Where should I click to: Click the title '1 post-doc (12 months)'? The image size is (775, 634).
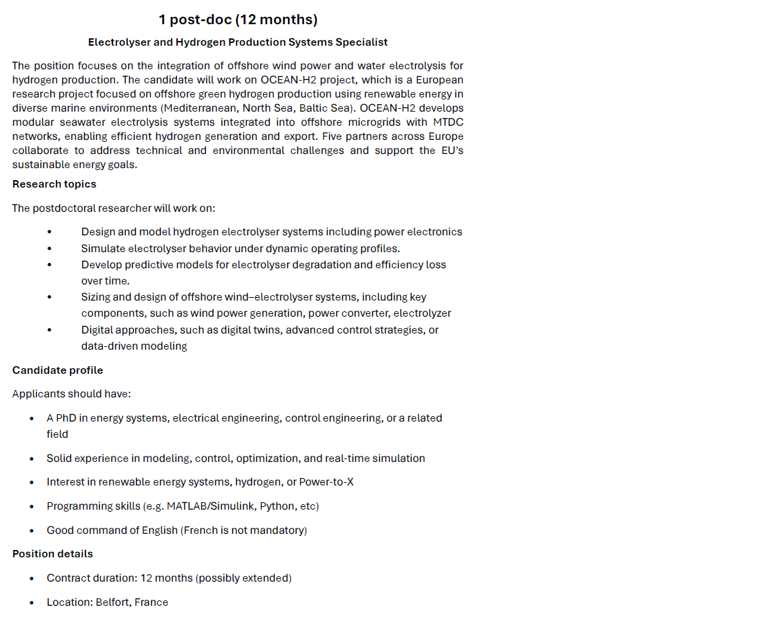point(238,19)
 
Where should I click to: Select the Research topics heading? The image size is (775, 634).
point(54,184)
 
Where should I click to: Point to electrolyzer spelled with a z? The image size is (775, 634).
point(422,313)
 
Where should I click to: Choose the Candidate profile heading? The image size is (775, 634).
point(57,370)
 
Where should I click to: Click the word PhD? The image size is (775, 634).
point(65,418)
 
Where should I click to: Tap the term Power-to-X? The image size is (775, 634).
point(326,482)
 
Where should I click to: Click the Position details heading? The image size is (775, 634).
point(52,554)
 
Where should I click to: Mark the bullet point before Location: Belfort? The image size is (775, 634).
point(32,603)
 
